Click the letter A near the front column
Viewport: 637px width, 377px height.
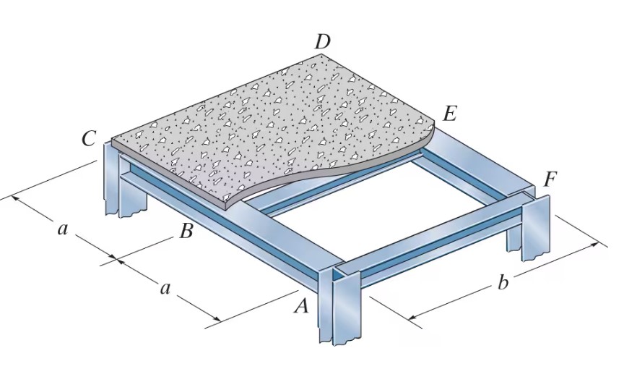pos(302,307)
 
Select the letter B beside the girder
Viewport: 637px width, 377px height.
pos(186,232)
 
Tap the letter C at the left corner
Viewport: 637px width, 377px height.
pos(88,139)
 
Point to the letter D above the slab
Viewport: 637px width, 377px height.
pos(322,43)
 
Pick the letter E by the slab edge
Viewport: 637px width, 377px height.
pos(450,114)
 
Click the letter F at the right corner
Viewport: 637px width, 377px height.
pos(550,179)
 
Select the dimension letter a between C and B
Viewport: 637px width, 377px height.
pos(63,229)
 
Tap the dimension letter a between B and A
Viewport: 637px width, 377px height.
pos(165,289)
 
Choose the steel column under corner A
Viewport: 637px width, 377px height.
pos(339,308)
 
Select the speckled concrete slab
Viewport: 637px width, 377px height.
pos(274,123)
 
